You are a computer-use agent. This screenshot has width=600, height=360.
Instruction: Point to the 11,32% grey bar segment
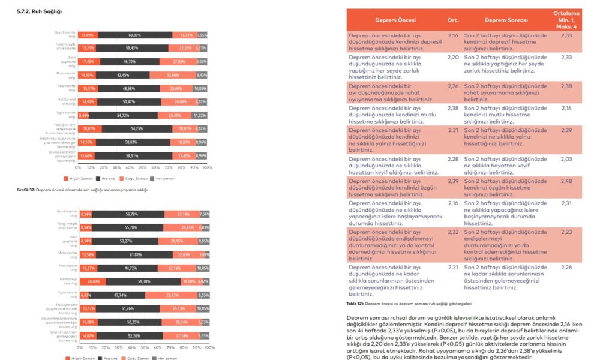(200, 115)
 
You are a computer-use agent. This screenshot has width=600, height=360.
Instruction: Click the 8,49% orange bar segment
(84, 115)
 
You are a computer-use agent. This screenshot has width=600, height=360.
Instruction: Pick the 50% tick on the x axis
(140, 168)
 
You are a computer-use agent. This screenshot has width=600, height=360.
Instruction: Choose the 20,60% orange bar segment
(92, 281)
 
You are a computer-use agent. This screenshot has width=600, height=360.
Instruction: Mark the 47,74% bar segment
(118, 295)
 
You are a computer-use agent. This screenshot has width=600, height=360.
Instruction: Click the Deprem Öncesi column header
(389, 20)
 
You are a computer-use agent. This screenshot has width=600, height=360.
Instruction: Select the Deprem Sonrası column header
(506, 20)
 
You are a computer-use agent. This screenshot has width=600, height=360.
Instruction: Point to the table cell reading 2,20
(453, 58)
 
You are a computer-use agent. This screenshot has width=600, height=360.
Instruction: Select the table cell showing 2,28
(453, 158)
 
